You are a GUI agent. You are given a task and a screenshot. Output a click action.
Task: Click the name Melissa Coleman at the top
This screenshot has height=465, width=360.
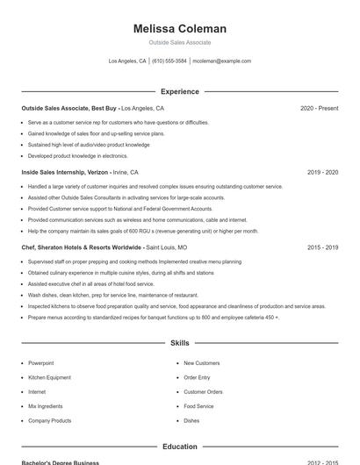(179, 29)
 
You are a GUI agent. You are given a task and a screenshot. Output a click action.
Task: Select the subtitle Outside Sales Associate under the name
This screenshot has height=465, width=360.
(179, 42)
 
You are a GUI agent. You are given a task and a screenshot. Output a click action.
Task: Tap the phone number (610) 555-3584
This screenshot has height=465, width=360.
(169, 61)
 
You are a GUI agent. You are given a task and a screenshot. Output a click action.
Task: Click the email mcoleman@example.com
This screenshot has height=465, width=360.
(222, 61)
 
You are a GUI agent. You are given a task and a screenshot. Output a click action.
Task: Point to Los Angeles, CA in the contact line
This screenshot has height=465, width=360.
(127, 61)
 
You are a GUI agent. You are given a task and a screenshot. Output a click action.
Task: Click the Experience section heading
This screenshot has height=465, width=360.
(179, 91)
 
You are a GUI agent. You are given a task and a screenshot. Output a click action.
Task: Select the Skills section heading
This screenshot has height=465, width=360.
(179, 343)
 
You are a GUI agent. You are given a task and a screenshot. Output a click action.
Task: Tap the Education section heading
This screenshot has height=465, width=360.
(179, 447)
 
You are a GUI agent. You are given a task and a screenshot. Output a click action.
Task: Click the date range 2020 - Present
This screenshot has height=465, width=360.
(319, 108)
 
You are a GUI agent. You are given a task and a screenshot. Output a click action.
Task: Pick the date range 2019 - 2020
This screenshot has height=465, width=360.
(322, 173)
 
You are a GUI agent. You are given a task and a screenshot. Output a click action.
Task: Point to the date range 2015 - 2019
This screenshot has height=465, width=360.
(322, 248)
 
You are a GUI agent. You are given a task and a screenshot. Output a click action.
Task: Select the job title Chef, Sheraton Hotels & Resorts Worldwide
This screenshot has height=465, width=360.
(82, 248)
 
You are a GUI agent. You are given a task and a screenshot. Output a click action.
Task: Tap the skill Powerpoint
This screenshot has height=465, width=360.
(41, 363)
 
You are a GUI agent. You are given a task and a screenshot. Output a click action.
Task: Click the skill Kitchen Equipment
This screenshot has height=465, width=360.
(49, 377)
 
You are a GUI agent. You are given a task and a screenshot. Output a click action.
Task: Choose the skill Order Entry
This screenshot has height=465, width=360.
(197, 377)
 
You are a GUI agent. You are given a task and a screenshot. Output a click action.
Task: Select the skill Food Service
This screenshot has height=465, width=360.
(198, 406)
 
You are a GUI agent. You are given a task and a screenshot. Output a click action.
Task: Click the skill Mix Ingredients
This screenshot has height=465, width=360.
(46, 406)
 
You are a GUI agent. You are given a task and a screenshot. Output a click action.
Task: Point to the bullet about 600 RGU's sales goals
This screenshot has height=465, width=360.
(143, 231)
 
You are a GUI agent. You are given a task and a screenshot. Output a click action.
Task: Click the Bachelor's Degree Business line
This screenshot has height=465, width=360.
(61, 462)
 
